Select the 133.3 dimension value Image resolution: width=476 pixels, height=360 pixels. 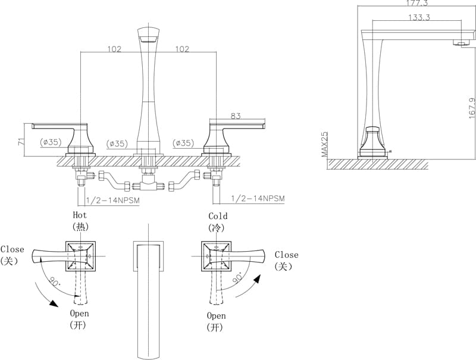click(x=419, y=17)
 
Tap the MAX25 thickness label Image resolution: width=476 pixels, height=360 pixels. click(x=325, y=145)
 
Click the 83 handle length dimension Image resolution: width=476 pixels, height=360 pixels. click(x=236, y=116)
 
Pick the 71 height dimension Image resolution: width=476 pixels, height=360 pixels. click(x=21, y=142)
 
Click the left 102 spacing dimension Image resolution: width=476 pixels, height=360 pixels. click(x=114, y=49)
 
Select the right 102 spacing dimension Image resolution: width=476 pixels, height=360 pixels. click(x=182, y=49)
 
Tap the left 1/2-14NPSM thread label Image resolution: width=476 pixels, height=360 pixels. click(x=113, y=200)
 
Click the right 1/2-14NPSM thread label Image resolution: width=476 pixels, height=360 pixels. click(x=258, y=198)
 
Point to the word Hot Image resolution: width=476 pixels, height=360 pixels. click(x=80, y=215)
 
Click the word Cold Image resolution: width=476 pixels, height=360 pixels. click(x=218, y=216)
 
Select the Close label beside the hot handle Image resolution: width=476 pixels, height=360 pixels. click(x=12, y=249)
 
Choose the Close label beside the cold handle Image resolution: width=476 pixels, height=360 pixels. click(x=287, y=255)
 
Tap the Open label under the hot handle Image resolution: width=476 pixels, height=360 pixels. click(x=80, y=313)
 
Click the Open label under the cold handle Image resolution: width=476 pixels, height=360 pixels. click(x=217, y=315)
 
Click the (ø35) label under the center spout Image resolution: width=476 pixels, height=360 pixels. click(x=117, y=143)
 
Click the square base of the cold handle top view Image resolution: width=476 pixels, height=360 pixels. click(x=215, y=256)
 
